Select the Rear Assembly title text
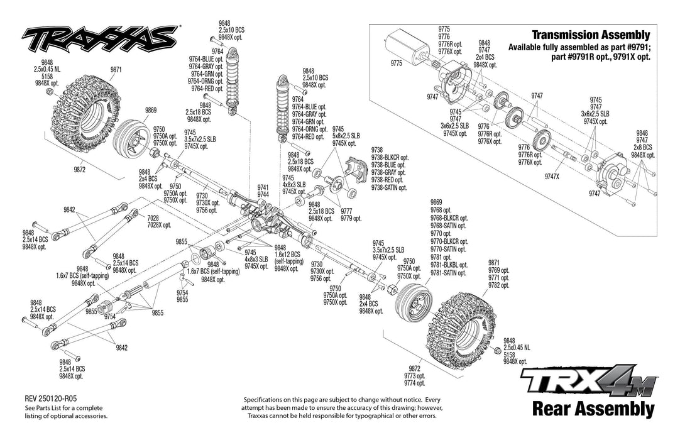[x=593, y=409]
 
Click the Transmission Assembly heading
[x=590, y=35]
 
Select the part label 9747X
[x=553, y=177]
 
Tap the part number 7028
[x=154, y=218]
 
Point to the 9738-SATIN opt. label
[x=390, y=187]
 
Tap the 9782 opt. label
[x=498, y=285]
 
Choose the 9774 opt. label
[x=414, y=383]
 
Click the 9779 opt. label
[x=351, y=218]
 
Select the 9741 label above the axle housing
[x=263, y=187]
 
